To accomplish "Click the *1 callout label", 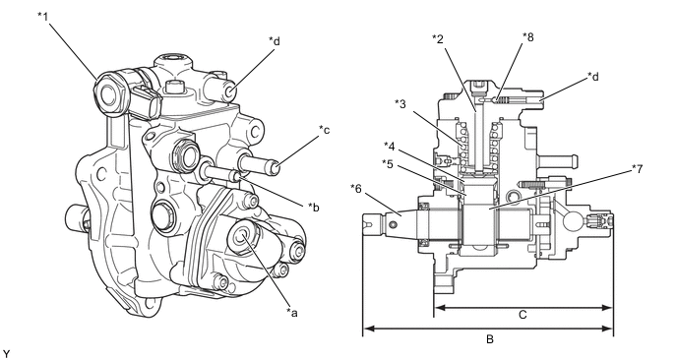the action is click(43, 17).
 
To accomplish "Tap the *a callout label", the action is click(292, 313).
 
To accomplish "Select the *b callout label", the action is click(314, 207).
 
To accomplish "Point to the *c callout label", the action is click(325, 130).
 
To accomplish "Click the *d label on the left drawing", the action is click(275, 41).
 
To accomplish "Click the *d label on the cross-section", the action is click(593, 77).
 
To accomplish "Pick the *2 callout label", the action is click(438, 39).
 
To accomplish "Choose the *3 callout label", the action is click(400, 104).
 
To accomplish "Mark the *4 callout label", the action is click(390, 147).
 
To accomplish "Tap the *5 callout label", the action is click(388, 164).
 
